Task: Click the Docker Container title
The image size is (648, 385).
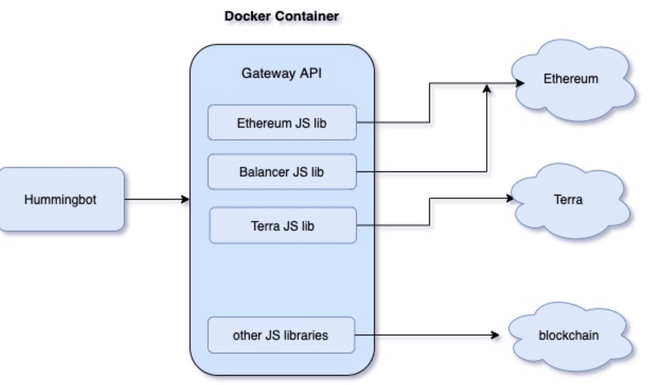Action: pyautogui.click(x=282, y=16)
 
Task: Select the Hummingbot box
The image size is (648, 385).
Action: pyautogui.click(x=61, y=199)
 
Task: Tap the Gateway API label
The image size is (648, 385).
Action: pyautogui.click(x=282, y=73)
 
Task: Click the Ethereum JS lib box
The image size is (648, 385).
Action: pyautogui.click(x=282, y=123)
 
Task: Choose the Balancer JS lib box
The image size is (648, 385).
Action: pyautogui.click(x=282, y=172)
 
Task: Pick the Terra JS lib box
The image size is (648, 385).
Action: pyautogui.click(x=283, y=226)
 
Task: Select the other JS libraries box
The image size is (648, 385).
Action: pyautogui.click(x=281, y=335)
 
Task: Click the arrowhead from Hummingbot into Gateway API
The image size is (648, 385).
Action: pyautogui.click(x=186, y=199)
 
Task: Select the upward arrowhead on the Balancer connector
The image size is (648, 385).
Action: pyautogui.click(x=487, y=88)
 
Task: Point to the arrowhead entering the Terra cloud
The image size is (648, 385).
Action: pyautogui.click(x=510, y=198)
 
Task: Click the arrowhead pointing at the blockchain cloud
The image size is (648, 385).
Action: pyautogui.click(x=495, y=335)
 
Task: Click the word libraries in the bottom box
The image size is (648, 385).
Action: pyautogui.click(x=306, y=335)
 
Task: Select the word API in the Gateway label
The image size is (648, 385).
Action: pyautogui.click(x=311, y=73)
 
